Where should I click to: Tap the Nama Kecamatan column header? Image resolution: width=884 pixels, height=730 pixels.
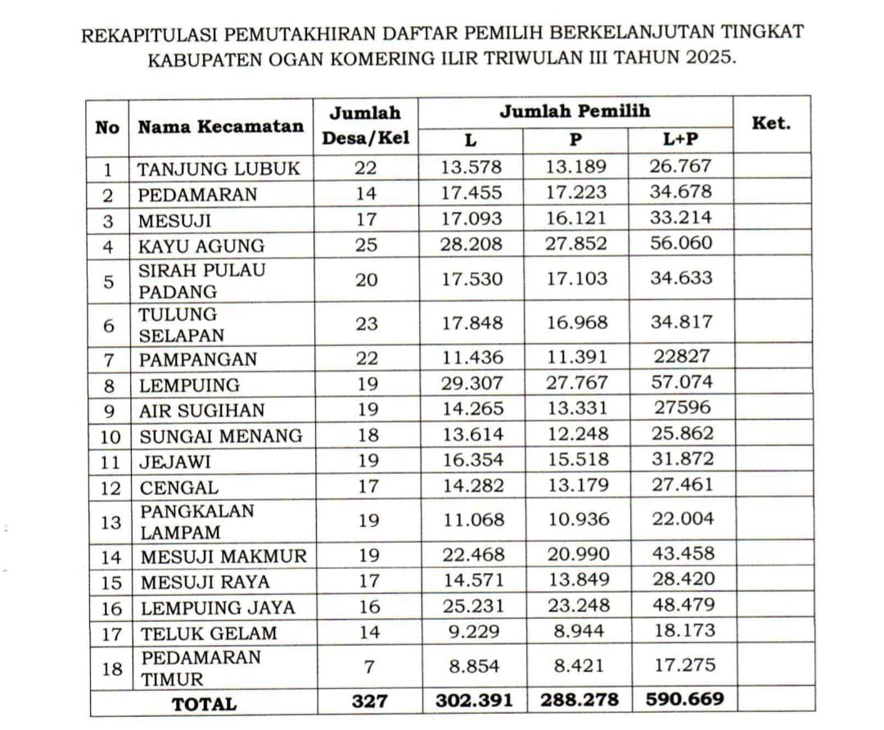tap(220, 127)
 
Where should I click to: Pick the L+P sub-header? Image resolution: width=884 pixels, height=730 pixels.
tap(681, 140)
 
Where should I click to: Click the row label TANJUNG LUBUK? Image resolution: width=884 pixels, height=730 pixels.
tap(219, 169)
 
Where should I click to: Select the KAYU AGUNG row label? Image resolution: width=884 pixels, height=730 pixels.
tap(201, 246)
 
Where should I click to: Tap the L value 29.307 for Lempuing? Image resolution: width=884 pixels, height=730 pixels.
tap(472, 382)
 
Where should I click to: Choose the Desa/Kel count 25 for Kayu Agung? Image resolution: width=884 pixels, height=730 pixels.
tap(368, 245)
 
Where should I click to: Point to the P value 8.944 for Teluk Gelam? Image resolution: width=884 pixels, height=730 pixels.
tap(577, 632)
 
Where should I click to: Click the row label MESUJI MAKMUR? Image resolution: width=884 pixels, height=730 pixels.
tap(223, 557)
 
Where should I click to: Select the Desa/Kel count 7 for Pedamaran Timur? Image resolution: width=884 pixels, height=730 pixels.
tap(368, 667)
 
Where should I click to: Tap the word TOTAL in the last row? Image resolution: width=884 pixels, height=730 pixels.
tap(204, 702)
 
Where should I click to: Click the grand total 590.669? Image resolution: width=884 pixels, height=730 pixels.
tap(680, 701)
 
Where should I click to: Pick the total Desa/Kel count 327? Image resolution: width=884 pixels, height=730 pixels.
tap(368, 701)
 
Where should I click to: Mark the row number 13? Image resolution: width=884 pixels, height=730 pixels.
tap(110, 521)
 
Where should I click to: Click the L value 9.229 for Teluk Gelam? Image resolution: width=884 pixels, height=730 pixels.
tap(473, 632)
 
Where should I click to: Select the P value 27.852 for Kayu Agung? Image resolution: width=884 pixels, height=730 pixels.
tap(577, 244)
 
